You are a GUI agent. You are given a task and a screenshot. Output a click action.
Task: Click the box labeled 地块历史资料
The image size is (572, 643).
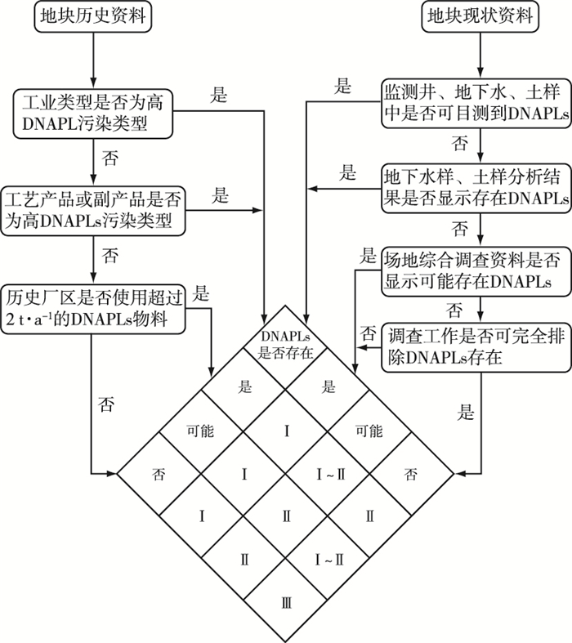click(94, 16)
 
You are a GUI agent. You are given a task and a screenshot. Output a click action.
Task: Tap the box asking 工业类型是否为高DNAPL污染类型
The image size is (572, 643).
click(95, 114)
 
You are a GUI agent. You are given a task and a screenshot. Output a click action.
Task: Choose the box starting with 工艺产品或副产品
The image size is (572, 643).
click(95, 210)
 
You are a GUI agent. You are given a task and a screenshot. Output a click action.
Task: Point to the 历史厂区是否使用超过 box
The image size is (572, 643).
click(95, 308)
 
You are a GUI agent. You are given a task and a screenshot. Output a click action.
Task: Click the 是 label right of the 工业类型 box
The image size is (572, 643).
click(218, 94)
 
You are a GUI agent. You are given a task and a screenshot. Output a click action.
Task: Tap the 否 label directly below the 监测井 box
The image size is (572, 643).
click(461, 144)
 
